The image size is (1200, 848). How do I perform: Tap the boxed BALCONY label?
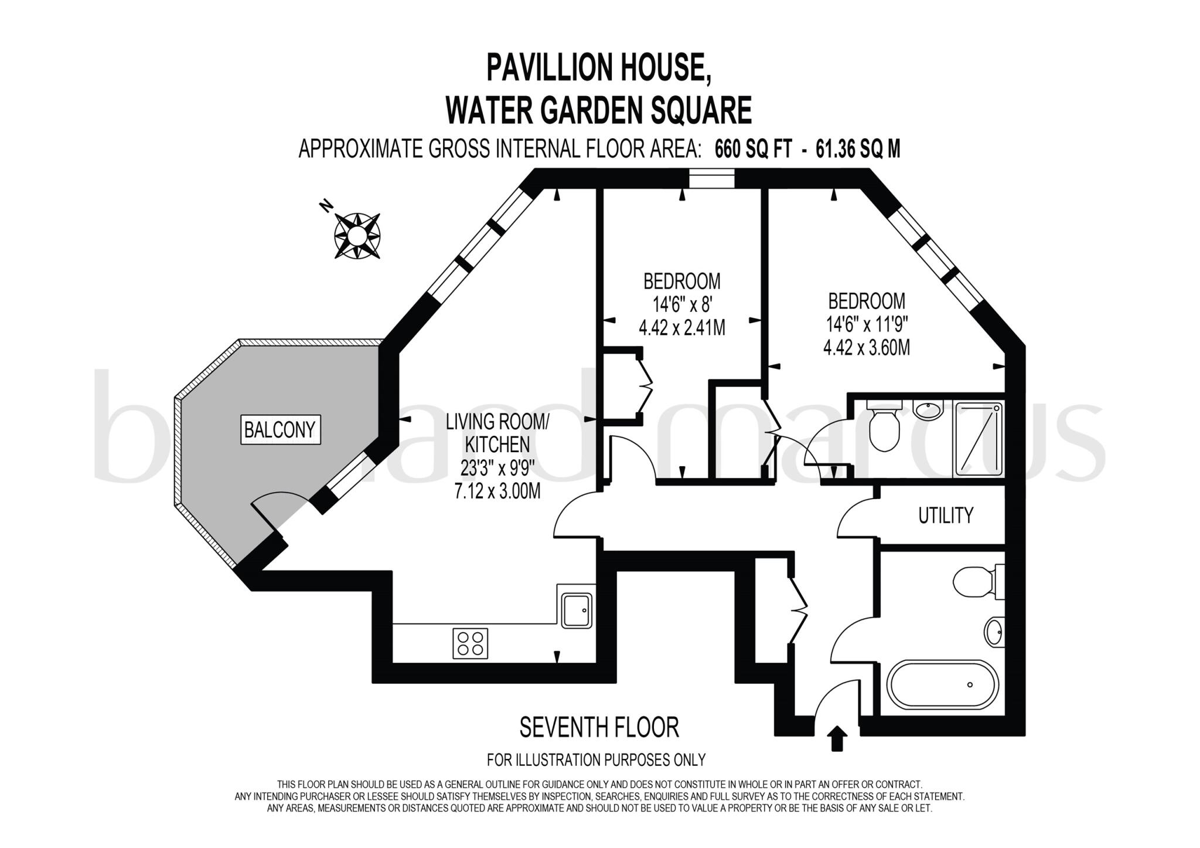click(x=280, y=430)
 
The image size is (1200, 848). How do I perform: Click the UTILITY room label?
click(x=945, y=515)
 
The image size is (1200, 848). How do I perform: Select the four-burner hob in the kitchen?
click(x=470, y=643)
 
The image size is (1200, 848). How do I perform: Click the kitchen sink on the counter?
click(x=577, y=610)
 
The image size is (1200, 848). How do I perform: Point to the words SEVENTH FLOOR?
click(x=599, y=727)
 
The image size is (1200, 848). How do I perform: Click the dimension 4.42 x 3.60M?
click(x=866, y=348)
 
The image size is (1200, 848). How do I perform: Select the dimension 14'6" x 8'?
click(x=682, y=304)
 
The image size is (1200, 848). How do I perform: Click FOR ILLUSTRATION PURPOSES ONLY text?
click(x=596, y=759)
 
